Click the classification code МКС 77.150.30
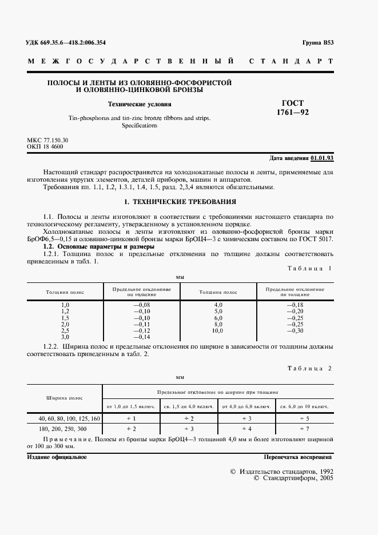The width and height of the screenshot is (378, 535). pos(47,140)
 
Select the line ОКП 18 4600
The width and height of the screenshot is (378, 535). pos(45,147)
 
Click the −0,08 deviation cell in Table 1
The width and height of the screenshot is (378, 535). pos(141,305)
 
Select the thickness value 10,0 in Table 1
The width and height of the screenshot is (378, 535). pos(217,330)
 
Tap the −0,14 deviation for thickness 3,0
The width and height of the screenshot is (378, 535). pos(141,337)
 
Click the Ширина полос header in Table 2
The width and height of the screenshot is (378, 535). pos(65,398)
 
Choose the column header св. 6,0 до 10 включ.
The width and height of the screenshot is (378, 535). pos(304,406)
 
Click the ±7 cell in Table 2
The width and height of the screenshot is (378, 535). pos(304,428)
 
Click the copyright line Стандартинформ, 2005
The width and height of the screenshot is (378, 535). pos(293,478)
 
